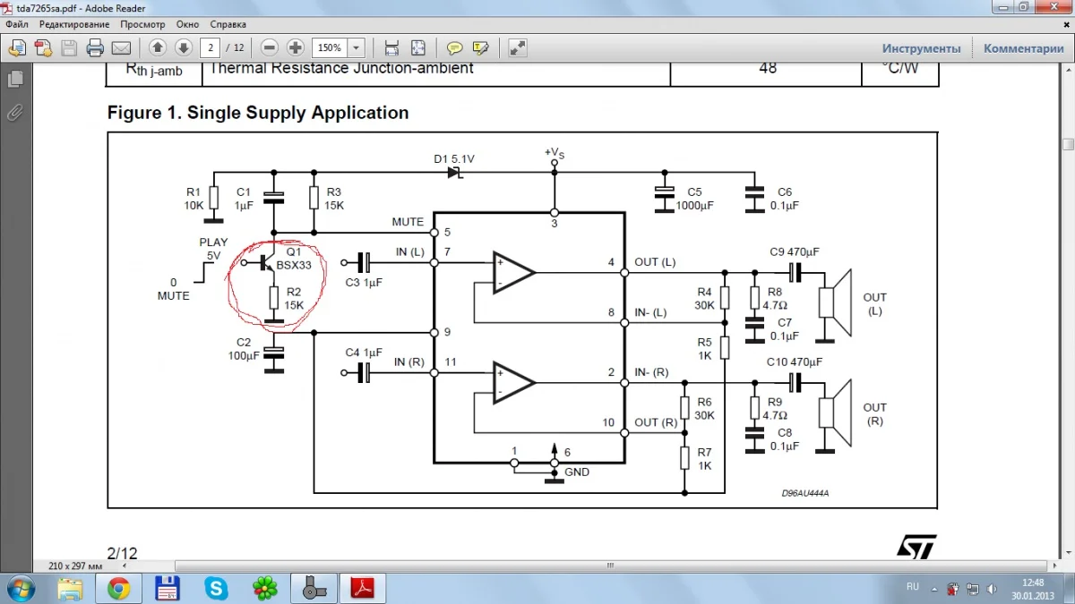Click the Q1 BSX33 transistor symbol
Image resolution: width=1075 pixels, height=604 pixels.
[264, 263]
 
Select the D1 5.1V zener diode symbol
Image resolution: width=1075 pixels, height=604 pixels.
[454, 172]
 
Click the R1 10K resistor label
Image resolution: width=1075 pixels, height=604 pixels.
[194, 198]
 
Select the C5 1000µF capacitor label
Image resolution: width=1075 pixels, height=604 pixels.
[695, 198]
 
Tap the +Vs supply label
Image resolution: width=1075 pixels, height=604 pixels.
[555, 153]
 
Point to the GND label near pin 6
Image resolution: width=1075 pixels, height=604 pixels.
[577, 472]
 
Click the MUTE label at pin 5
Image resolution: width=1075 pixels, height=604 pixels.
[408, 222]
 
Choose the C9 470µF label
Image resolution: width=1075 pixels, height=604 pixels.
[795, 251]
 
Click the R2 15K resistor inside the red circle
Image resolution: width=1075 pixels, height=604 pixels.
[274, 298]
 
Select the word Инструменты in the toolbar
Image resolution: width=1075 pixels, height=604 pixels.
[921, 48]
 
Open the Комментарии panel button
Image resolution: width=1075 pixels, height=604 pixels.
[1023, 48]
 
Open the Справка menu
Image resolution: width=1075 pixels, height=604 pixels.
[228, 24]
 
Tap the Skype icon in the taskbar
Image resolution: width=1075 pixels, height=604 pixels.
[216, 588]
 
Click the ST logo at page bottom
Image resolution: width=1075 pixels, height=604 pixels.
[916, 548]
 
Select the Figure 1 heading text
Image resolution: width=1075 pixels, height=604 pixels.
[258, 113]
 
